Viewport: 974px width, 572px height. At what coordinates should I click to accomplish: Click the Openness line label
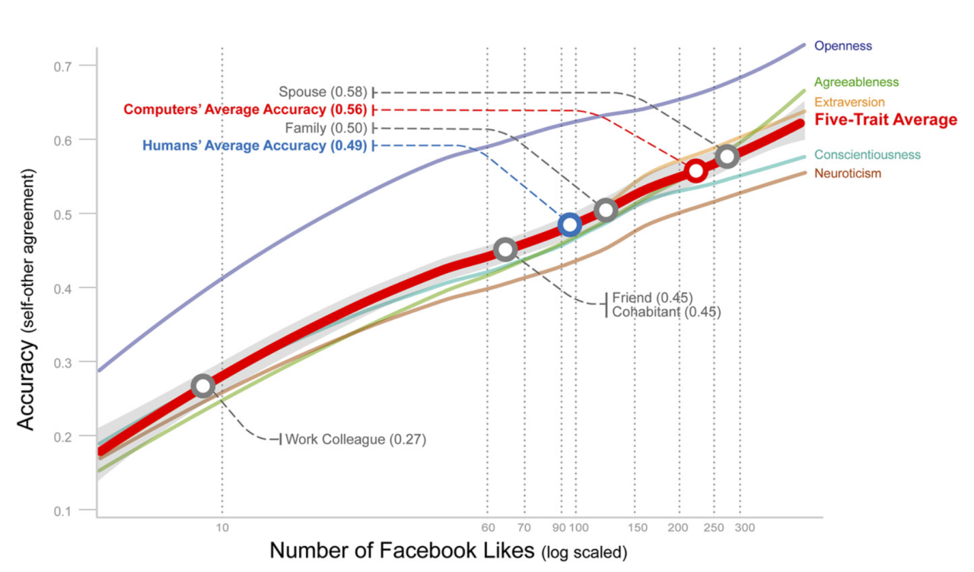click(842, 46)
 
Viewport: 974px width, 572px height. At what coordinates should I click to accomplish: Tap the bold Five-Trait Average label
click(886, 119)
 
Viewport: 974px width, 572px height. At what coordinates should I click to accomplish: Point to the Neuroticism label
click(848, 173)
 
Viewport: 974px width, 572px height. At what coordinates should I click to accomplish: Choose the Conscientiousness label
click(867, 155)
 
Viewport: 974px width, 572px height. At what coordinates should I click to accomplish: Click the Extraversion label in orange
click(849, 102)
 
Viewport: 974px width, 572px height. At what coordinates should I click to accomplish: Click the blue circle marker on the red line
click(569, 224)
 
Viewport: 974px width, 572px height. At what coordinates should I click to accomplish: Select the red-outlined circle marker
click(695, 171)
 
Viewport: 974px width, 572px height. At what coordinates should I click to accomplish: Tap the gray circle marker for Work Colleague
click(202, 386)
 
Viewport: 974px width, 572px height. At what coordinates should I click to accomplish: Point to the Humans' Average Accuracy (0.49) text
click(254, 145)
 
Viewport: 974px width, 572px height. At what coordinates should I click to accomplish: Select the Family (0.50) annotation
click(326, 128)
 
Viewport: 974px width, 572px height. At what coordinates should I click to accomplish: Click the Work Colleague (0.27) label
click(355, 440)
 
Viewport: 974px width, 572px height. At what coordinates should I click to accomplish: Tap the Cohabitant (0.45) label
click(666, 311)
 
